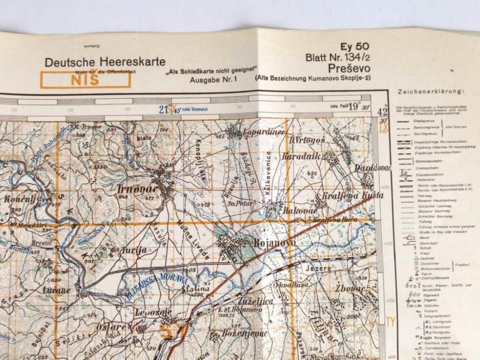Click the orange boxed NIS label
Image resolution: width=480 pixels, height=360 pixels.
click(85, 80)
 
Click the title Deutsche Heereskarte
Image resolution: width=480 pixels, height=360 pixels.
click(105, 62)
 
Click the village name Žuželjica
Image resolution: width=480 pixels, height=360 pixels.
click(258, 300)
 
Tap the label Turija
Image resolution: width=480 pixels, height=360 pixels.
click(128, 250)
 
